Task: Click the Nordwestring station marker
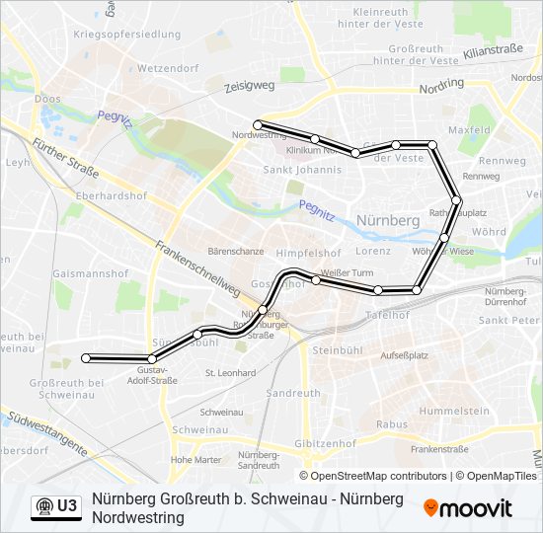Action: (x=257, y=124)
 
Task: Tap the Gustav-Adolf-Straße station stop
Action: (x=151, y=358)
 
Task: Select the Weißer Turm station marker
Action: (x=316, y=280)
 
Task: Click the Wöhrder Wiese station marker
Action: (x=444, y=238)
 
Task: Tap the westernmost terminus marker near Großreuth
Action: (x=87, y=357)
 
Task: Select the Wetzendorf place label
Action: (x=168, y=69)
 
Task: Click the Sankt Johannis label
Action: (x=302, y=170)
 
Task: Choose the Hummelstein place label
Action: (x=454, y=410)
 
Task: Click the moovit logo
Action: (x=468, y=508)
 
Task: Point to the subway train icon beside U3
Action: (x=43, y=506)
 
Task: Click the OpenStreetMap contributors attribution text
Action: (x=379, y=476)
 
